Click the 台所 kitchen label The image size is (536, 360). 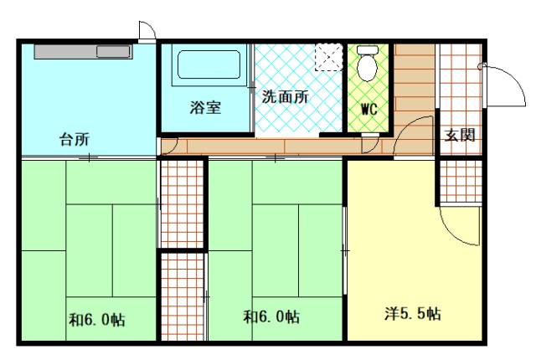click(x=75, y=139)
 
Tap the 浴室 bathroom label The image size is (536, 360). click(x=205, y=107)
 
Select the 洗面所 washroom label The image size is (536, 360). click(x=286, y=97)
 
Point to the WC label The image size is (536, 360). click(x=368, y=110)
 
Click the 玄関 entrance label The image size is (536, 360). click(x=460, y=136)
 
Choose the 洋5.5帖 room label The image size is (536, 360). click(x=413, y=313)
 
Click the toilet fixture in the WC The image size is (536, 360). click(x=368, y=64)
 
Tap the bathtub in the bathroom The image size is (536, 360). click(x=209, y=65)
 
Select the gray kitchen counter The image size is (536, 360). click(x=83, y=52)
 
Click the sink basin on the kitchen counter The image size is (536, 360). click(x=113, y=52)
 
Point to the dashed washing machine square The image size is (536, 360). click(x=328, y=57)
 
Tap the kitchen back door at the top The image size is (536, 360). click(x=147, y=32)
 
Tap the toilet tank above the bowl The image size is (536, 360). click(x=368, y=50)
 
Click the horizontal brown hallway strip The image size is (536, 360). click(x=277, y=147)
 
